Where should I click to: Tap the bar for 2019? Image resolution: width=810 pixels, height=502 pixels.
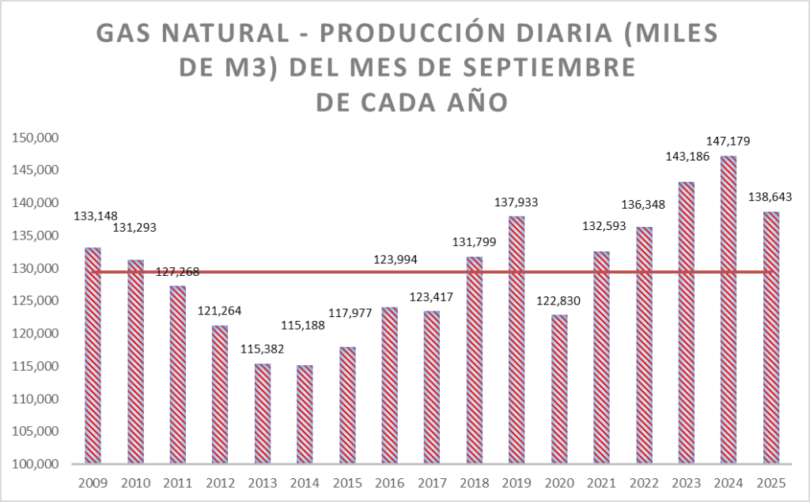517,340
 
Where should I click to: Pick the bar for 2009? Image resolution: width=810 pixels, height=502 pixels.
93,356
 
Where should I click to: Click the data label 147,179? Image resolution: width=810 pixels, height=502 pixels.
728,142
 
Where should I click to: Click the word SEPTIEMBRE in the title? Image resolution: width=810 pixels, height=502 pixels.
546,68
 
